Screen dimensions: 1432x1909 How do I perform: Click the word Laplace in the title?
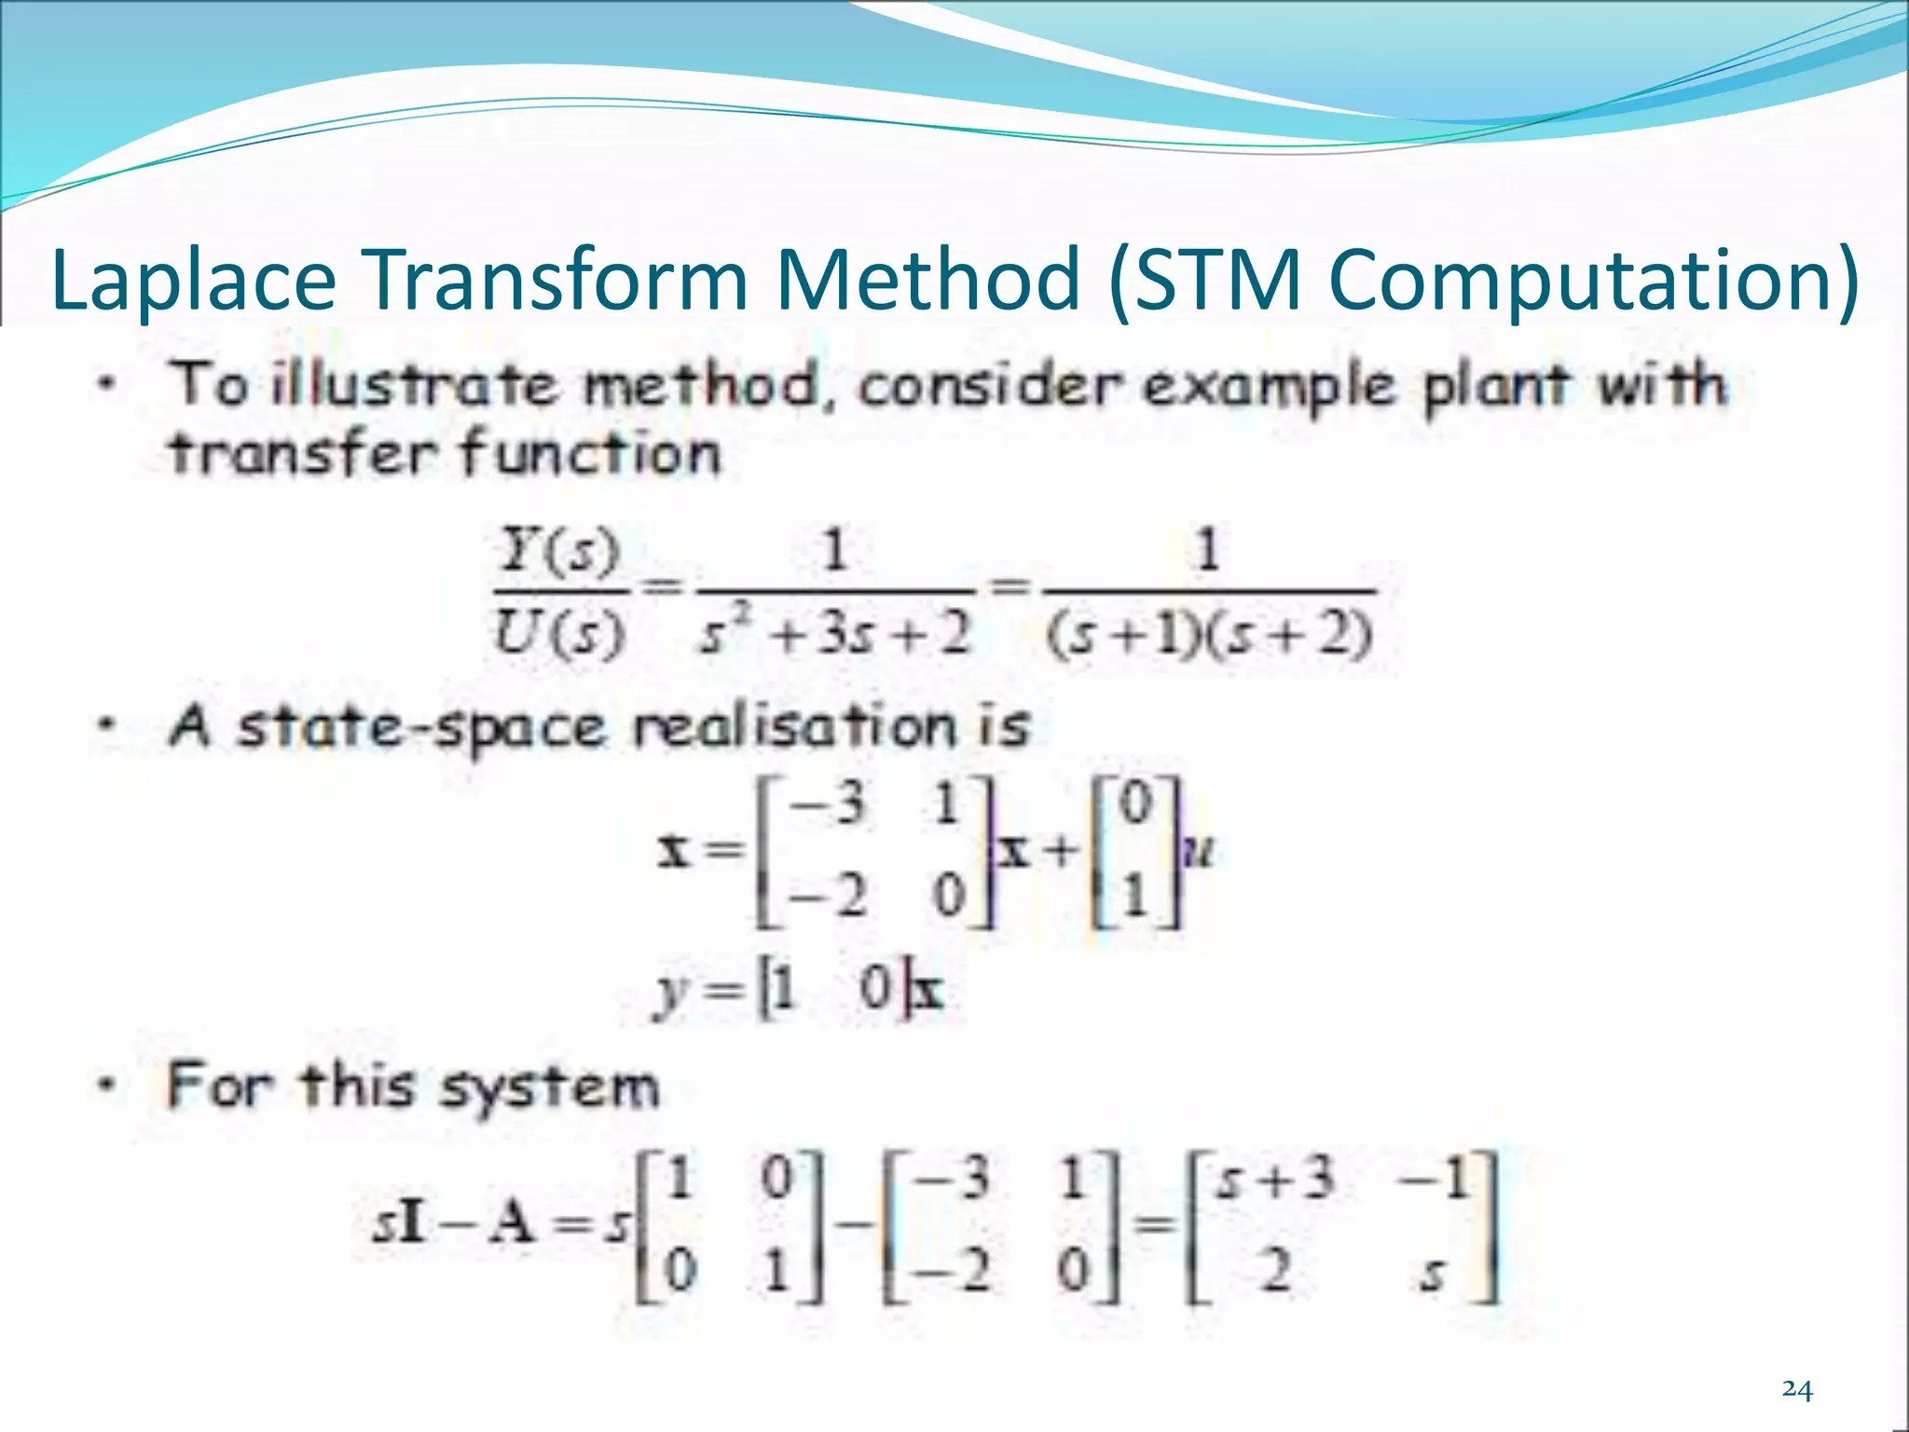click(x=193, y=280)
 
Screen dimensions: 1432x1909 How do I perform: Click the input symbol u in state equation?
click(x=1199, y=851)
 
